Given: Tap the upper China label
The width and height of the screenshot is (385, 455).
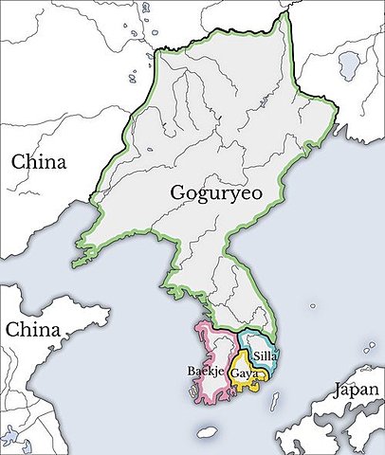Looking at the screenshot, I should (39, 161).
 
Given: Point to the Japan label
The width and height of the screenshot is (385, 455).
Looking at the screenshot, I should (356, 389).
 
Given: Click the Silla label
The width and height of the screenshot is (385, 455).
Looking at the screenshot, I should (265, 356).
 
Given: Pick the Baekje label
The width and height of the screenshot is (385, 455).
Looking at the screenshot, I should (207, 372).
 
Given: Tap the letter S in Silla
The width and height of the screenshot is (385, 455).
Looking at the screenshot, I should (256, 356).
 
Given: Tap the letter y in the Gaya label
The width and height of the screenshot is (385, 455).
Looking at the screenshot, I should (246, 376).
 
